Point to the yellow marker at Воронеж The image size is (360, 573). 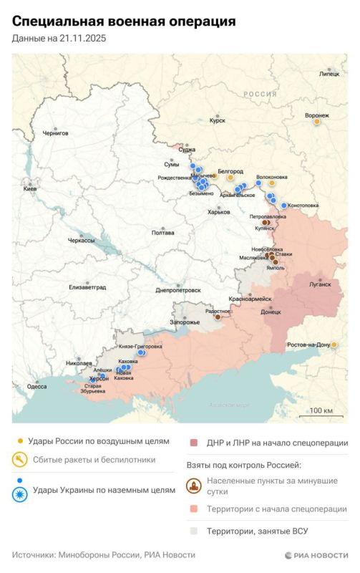pos(316,122)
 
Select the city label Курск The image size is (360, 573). pos(218,121)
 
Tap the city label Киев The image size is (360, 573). pos(30,188)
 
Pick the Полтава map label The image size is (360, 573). pos(163,233)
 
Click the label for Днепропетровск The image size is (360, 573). pos(177,290)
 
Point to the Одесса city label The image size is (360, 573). pos(37,386)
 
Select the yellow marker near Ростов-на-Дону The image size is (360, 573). pos(334,345)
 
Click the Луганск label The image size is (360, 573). pos(320,284)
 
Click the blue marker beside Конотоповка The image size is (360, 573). pos(284,206)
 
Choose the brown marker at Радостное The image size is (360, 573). pos(218,317)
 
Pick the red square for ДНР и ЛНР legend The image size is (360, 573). pos(193,443)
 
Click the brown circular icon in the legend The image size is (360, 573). pos(193,487)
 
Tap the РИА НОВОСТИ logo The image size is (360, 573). pos(316,555)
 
